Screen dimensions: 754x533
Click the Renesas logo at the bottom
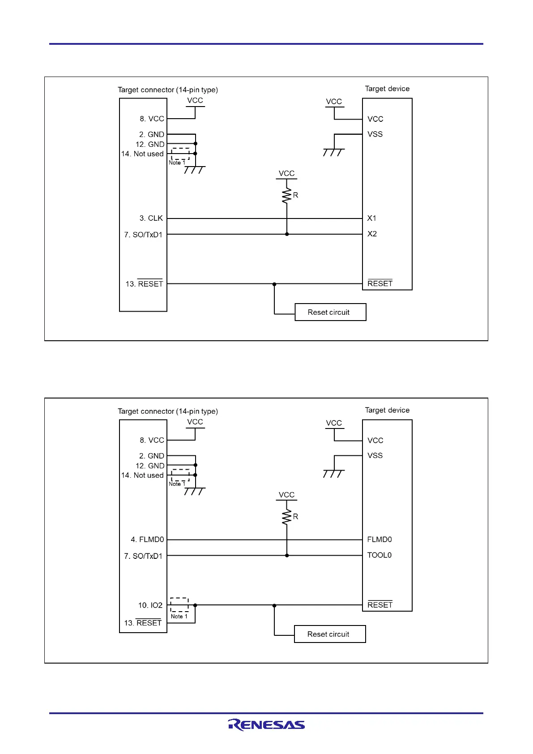266,724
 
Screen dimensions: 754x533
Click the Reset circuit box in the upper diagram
330,312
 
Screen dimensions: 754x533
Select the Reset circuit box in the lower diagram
330,634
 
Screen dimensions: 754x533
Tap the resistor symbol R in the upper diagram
287,196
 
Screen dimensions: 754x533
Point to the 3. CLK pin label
151,218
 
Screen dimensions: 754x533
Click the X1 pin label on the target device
371,218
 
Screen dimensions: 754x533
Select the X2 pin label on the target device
372,234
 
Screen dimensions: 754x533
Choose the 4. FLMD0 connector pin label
147,540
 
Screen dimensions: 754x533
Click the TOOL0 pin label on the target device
379,555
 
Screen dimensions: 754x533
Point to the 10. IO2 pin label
150,605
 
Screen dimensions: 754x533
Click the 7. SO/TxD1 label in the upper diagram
143,235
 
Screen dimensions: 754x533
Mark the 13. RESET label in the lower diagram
143,623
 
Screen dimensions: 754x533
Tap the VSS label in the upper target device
375,134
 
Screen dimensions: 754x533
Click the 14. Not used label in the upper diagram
142,154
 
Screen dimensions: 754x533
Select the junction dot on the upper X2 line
287,234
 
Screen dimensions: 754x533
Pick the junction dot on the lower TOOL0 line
287,556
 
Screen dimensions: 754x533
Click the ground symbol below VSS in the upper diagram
334,152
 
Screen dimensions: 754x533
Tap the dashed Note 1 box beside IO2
179,604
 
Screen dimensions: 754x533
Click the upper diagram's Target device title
387,89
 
